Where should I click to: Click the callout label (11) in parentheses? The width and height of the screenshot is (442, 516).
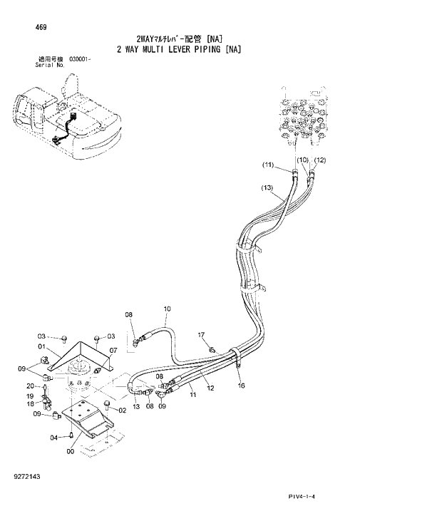point(267,165)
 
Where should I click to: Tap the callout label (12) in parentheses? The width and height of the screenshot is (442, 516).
point(319,160)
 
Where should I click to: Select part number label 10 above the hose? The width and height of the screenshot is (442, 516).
point(168,309)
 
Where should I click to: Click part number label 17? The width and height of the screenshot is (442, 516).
point(201,334)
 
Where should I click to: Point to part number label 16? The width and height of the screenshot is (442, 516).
point(241,385)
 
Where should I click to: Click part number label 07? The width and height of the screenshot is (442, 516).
point(113,350)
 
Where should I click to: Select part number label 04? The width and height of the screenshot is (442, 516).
point(53,438)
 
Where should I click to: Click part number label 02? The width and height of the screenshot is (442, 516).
point(122,410)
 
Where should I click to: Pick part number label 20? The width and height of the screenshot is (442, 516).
point(31,386)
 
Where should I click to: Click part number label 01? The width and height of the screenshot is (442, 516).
point(41,347)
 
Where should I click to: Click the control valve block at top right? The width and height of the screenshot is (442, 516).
point(304,115)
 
